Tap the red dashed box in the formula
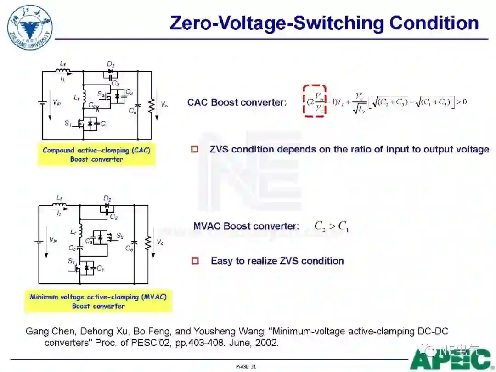coord(314,101)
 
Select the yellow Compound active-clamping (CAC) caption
coord(96,154)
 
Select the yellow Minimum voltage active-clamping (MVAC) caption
coord(98,301)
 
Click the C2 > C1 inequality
coord(331,226)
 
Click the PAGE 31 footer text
coord(246,366)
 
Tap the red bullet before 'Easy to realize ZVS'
coord(195,261)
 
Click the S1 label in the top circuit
coord(68,123)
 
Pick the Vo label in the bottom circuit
coord(160,242)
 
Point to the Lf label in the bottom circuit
coord(60,198)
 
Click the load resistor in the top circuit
coord(150,105)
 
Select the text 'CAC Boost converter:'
coord(237,102)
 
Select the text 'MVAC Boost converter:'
coord(246,226)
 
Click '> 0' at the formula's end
coord(462,101)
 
